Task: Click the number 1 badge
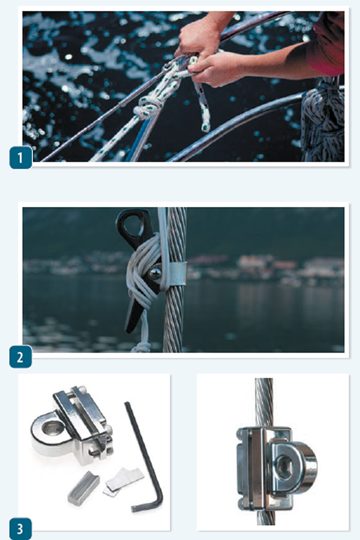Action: tap(21, 158)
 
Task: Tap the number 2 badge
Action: tap(21, 357)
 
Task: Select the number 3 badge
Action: tap(21, 529)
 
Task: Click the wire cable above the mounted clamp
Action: tap(263, 400)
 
